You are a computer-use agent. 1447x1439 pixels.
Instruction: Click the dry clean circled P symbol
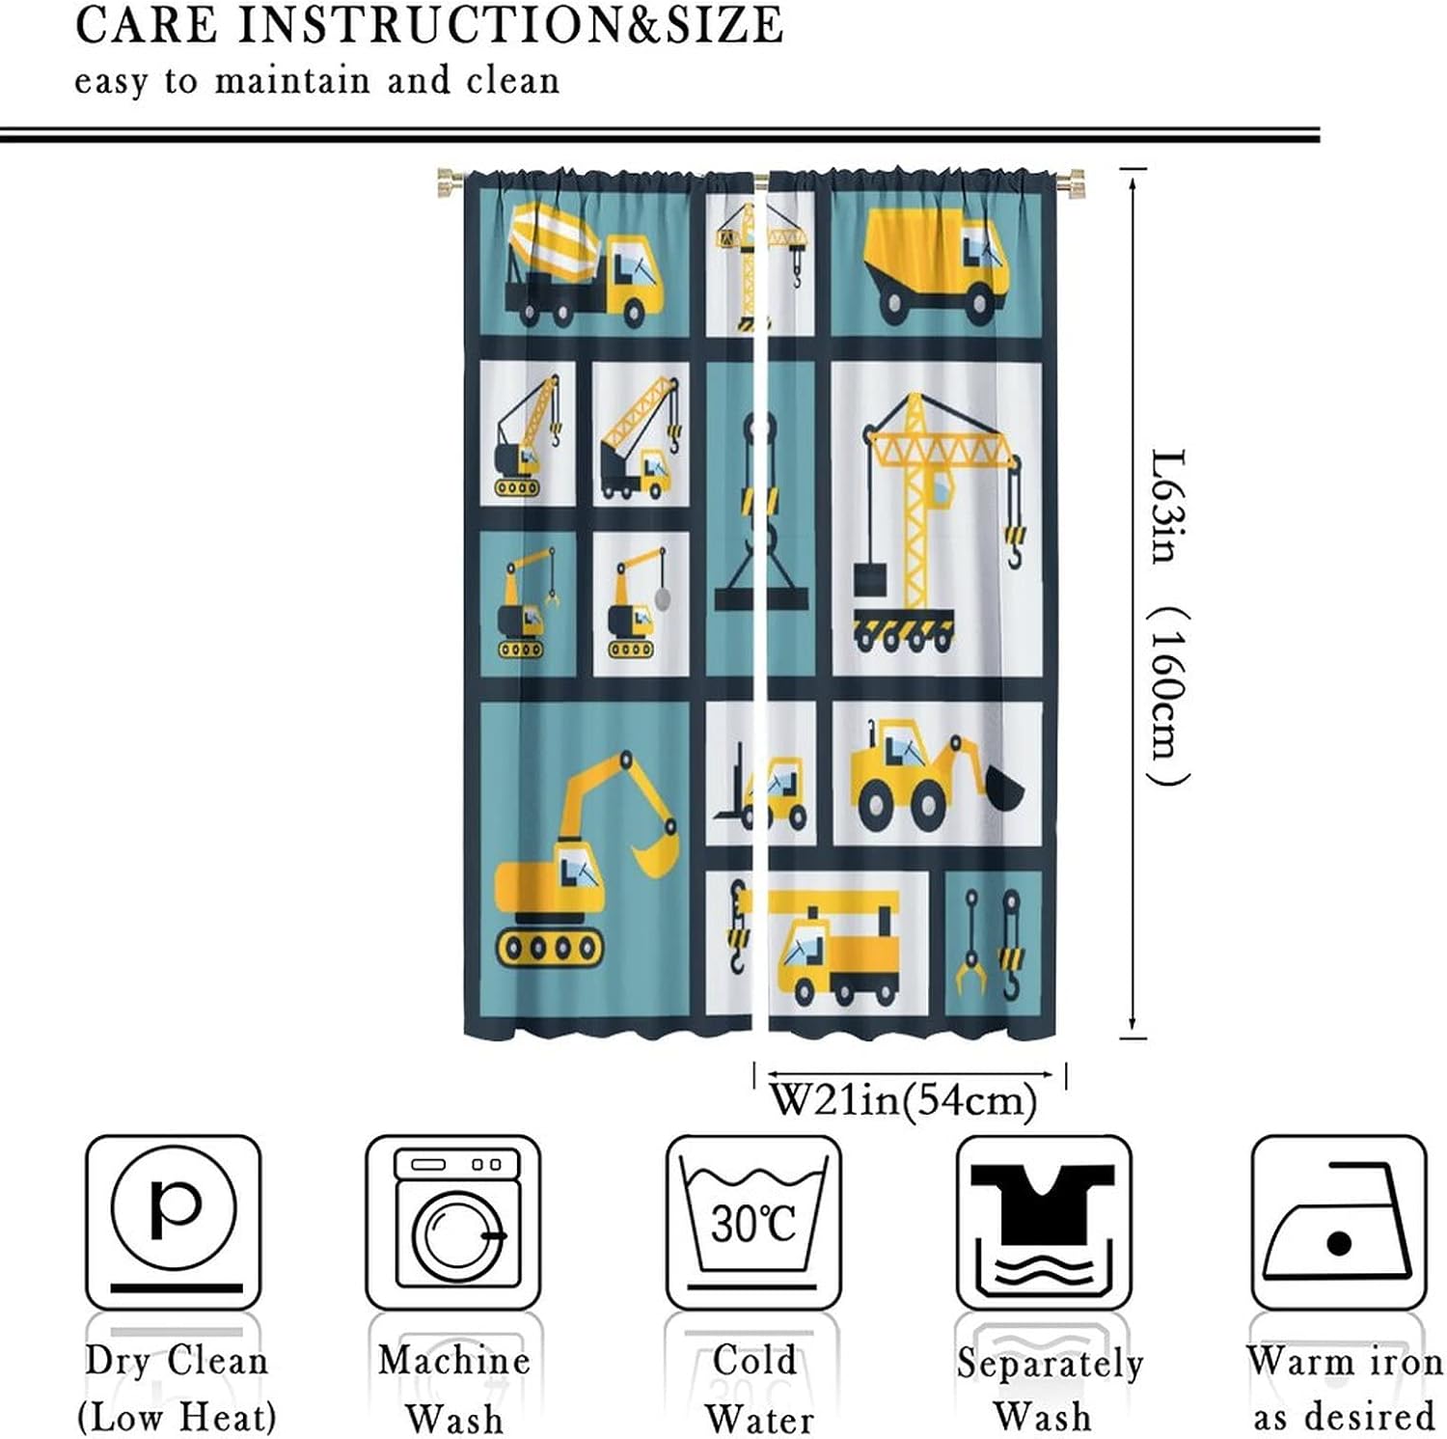[174, 1207]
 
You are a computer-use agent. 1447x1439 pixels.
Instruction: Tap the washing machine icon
[453, 1221]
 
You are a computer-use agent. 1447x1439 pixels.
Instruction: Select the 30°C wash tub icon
[753, 1221]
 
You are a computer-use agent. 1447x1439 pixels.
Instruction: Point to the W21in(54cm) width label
[903, 1099]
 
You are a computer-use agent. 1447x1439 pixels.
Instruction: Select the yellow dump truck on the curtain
[935, 261]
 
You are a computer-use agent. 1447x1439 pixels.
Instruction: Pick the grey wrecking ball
[663, 598]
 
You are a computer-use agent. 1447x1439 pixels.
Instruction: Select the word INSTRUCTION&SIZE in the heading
[510, 24]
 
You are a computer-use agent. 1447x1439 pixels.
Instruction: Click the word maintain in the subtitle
[291, 80]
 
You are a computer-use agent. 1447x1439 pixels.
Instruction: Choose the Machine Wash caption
[453, 1389]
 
